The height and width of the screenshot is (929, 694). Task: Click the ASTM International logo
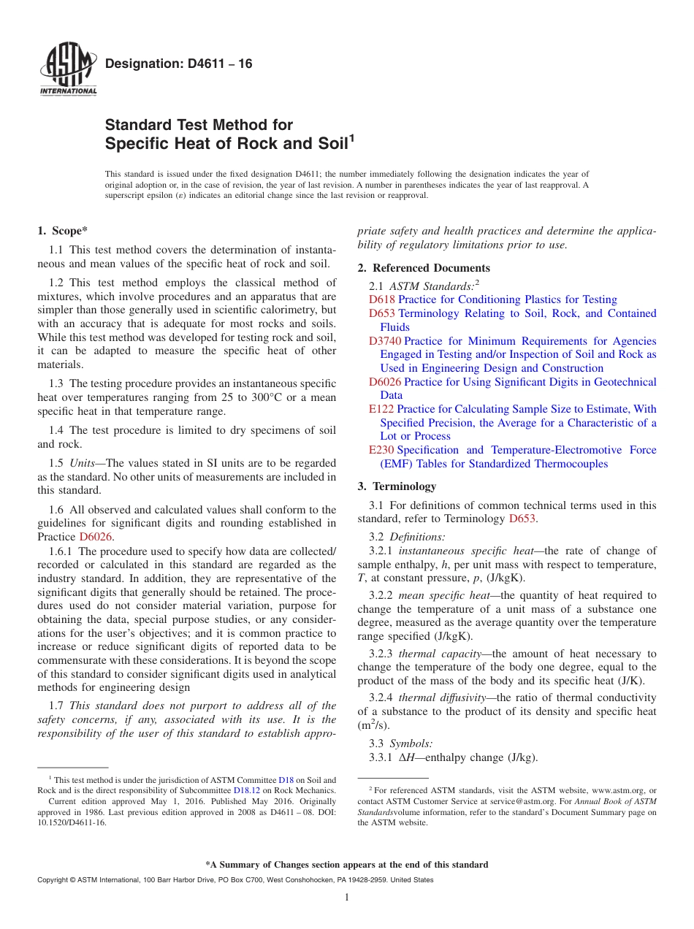(x=67, y=72)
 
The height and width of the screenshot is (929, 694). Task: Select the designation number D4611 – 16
(x=179, y=64)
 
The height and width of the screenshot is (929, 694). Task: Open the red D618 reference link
(x=382, y=299)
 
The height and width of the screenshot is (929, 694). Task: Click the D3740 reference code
(x=385, y=341)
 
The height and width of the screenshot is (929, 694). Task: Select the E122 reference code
(x=381, y=409)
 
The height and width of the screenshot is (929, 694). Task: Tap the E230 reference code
(x=381, y=450)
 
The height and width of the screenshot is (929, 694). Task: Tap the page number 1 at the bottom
(x=347, y=898)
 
